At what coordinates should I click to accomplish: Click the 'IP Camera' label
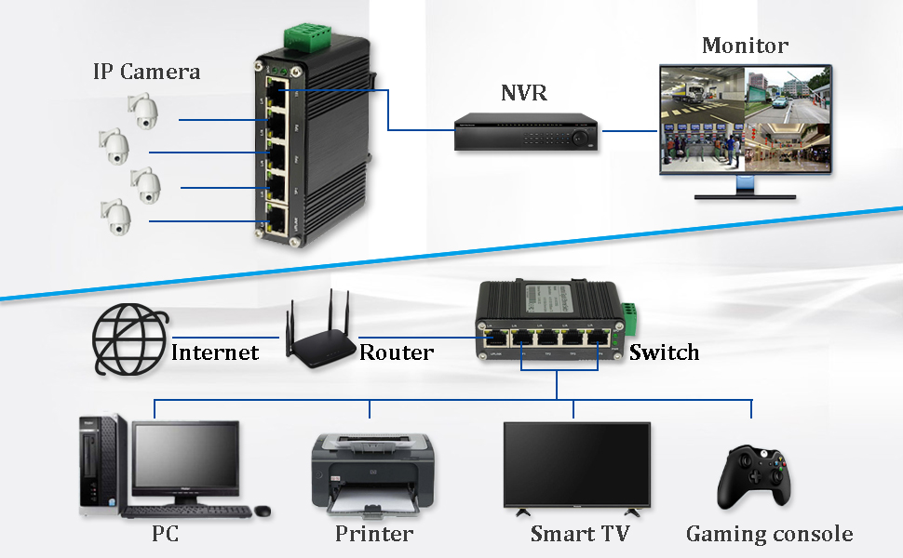pyautogui.click(x=146, y=72)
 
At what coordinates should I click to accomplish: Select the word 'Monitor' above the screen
pyautogui.click(x=745, y=45)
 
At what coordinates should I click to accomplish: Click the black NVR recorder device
pyautogui.click(x=525, y=132)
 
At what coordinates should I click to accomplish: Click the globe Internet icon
pyautogui.click(x=130, y=341)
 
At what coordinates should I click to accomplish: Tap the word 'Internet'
pyautogui.click(x=215, y=352)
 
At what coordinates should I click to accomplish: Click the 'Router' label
pyautogui.click(x=397, y=352)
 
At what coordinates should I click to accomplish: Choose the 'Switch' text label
pyautogui.click(x=664, y=352)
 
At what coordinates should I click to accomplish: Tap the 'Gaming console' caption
pyautogui.click(x=769, y=534)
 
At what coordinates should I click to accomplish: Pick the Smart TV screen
pyautogui.click(x=576, y=467)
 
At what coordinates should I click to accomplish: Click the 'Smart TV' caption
pyautogui.click(x=579, y=534)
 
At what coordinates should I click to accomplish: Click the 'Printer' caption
pyautogui.click(x=374, y=534)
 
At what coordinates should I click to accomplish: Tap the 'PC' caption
pyautogui.click(x=165, y=534)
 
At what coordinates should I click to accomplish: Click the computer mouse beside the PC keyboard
pyautogui.click(x=263, y=511)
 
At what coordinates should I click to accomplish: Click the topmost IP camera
pyautogui.click(x=143, y=113)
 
